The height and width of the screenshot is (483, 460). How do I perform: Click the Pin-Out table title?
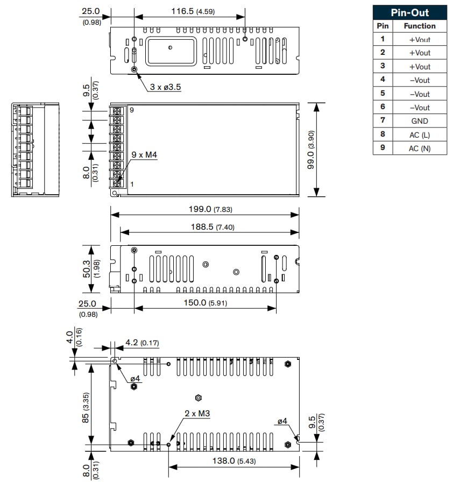pyautogui.click(x=409, y=12)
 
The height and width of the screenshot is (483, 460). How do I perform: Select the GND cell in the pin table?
pyautogui.click(x=419, y=121)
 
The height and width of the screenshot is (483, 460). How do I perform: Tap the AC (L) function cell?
pyautogui.click(x=419, y=134)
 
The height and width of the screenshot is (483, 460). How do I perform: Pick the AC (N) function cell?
pyautogui.click(x=419, y=148)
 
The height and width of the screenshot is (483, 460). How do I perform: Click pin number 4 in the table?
pyautogui.click(x=383, y=80)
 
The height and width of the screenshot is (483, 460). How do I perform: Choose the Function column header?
pyautogui.click(x=419, y=26)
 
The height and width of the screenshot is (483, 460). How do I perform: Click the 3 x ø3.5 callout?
pyautogui.click(x=165, y=87)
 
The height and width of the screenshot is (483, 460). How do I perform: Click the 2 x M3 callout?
pyautogui.click(x=197, y=414)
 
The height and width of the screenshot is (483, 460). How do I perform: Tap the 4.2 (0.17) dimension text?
pyautogui.click(x=141, y=343)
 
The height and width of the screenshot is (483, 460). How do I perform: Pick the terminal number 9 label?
pyautogui.click(x=131, y=110)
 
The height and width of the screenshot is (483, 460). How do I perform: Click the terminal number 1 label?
pyautogui.click(x=132, y=184)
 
